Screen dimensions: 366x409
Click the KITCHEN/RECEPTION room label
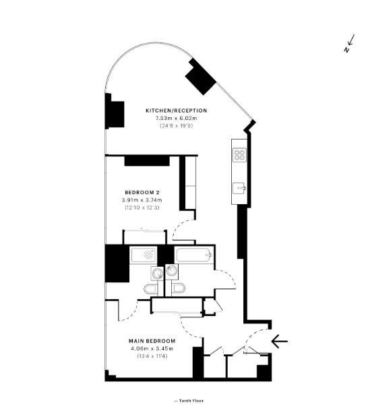(x=177, y=111)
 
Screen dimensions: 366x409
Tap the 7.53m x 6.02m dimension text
(x=177, y=118)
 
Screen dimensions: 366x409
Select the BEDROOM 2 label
(x=142, y=193)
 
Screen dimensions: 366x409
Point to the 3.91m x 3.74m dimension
(x=142, y=200)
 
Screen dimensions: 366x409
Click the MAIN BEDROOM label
(x=152, y=341)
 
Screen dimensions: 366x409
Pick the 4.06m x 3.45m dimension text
(x=152, y=348)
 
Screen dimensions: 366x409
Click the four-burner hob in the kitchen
(x=239, y=154)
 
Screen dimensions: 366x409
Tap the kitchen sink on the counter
(x=239, y=188)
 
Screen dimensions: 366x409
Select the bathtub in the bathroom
(x=194, y=255)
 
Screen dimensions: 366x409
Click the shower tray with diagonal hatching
(x=144, y=255)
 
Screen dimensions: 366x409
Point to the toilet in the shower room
(x=150, y=288)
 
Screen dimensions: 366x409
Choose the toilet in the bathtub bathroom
(x=179, y=288)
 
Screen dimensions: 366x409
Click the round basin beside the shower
(x=157, y=274)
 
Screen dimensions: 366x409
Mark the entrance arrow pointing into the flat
(x=280, y=341)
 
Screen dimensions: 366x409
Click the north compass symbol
(x=349, y=43)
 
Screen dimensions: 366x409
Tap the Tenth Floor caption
(x=189, y=401)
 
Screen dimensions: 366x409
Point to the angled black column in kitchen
(x=201, y=76)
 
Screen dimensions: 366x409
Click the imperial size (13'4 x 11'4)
(x=152, y=356)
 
